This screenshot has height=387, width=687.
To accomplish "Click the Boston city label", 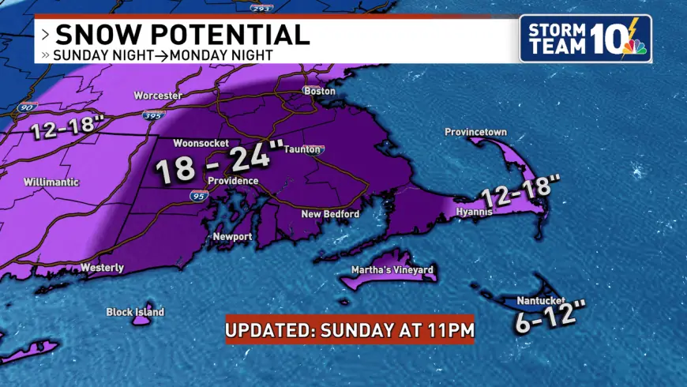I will pyautogui.click(x=320, y=91).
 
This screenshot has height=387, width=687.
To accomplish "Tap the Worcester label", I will pyautogui.click(x=158, y=96).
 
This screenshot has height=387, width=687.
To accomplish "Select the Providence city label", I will pyautogui.click(x=233, y=181).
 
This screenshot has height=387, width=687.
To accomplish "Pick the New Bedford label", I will pyautogui.click(x=330, y=214).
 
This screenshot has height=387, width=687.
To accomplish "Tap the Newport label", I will pyautogui.click(x=232, y=237).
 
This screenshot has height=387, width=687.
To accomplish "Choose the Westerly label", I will pyautogui.click(x=103, y=268).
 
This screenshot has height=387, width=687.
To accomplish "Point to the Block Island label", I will pyautogui.click(x=135, y=312).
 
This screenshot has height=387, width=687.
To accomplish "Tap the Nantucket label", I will pyautogui.click(x=539, y=301).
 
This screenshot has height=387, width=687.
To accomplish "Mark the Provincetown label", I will pyautogui.click(x=475, y=132).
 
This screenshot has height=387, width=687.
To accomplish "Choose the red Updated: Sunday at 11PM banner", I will pyautogui.click(x=350, y=329).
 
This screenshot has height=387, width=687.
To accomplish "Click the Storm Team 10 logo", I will pyautogui.click(x=585, y=38).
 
